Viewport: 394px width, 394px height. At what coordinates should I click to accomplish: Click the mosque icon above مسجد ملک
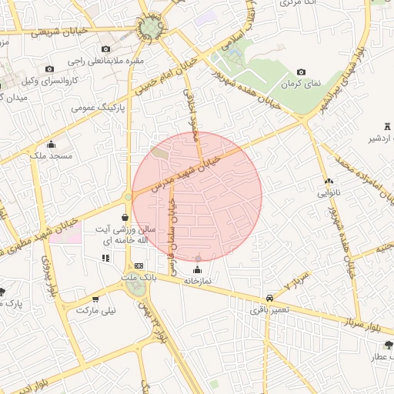[52, 144]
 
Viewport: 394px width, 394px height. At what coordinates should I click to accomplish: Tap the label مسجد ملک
[50, 155]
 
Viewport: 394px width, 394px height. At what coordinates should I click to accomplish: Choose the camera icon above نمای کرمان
[301, 72]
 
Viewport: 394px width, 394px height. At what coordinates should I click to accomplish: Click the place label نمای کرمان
[301, 82]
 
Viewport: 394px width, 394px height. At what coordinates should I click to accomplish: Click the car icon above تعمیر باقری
[269, 298]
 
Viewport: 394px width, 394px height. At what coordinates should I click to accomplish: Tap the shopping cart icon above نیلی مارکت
[95, 299]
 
